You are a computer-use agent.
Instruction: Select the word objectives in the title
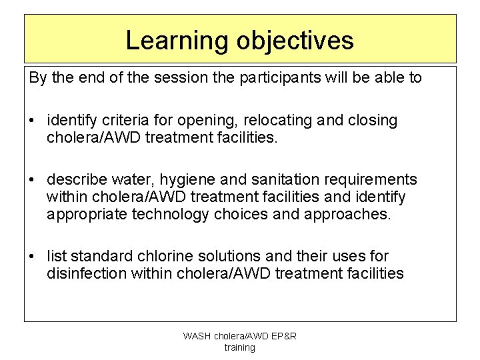(x=294, y=41)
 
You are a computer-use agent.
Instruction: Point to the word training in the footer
(x=239, y=347)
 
